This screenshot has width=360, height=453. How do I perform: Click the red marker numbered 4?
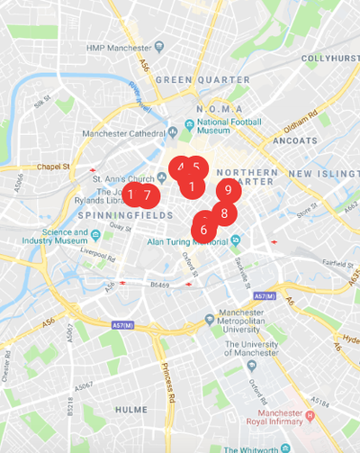[x=180, y=168]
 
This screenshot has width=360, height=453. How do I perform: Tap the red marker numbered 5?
[x=197, y=168]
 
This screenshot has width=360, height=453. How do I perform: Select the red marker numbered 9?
[x=229, y=190]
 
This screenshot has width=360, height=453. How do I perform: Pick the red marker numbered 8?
[x=223, y=213]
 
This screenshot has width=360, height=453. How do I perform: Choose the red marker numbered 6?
[x=203, y=230]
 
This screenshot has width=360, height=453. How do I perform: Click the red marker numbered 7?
[x=148, y=195]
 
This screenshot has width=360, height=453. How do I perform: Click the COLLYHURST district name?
[x=329, y=59]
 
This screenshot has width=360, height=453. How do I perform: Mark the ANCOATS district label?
[x=295, y=141]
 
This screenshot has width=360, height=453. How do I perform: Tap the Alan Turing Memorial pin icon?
[x=235, y=240]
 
